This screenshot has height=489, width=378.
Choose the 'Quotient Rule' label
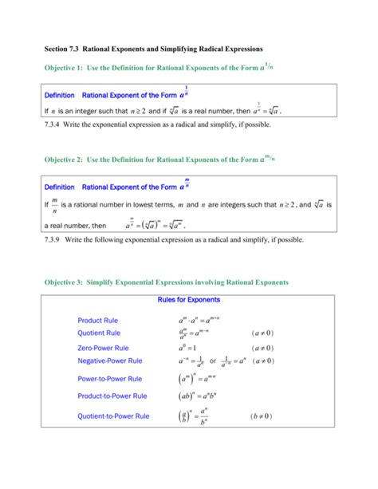coord(99,333)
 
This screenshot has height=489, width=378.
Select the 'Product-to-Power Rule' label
coord(112,396)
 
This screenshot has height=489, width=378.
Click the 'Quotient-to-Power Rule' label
coord(113,416)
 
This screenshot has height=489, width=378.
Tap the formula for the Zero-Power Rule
coord(189,349)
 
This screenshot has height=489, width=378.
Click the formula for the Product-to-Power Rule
coord(196,396)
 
